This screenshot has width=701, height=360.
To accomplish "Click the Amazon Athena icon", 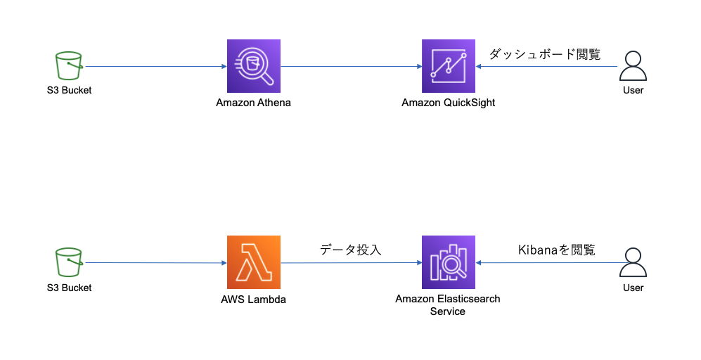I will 253,66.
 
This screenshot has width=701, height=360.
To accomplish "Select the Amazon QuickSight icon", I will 448,66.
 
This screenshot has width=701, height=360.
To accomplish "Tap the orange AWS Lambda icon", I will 253,262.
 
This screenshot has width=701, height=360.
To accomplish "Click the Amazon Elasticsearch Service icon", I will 448,262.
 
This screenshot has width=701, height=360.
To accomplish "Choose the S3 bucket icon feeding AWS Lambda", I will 68,263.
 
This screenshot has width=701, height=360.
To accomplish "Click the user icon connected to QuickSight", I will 633,67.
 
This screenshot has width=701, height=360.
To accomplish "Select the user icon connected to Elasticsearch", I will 633,264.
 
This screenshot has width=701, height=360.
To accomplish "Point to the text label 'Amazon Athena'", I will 253,103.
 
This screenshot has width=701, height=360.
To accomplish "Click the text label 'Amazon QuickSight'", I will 448,103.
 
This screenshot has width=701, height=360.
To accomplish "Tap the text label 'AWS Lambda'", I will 253,300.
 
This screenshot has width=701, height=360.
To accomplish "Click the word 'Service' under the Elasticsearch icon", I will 448,311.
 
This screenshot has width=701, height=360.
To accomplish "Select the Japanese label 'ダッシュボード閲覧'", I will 545,54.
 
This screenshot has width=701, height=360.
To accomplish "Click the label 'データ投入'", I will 350,250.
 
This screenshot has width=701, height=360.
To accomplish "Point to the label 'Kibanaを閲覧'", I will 556,250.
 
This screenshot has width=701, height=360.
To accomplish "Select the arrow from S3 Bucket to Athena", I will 155,67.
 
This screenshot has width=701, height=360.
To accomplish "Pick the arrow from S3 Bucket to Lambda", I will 155,263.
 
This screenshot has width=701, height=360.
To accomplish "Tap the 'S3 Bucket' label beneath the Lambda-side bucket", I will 68,288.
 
